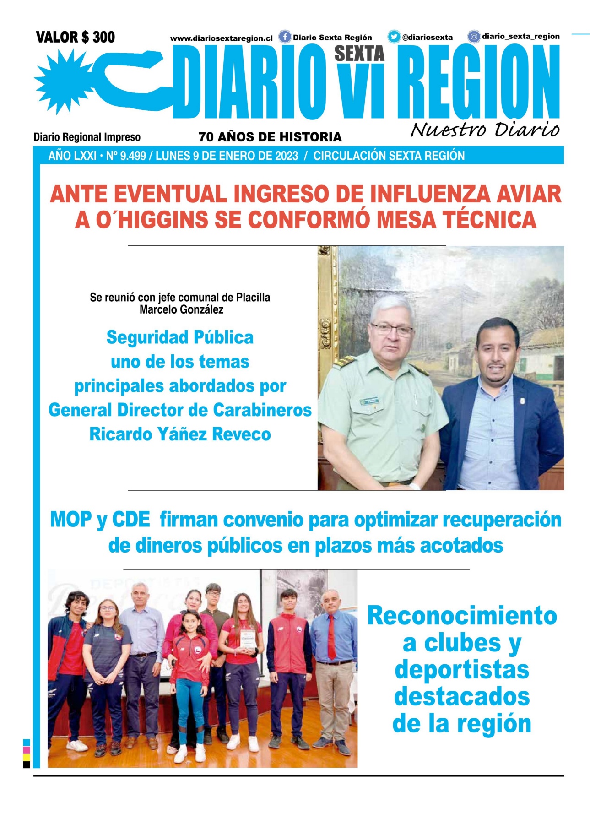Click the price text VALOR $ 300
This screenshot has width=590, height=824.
point(76,37)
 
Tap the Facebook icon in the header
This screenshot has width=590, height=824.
point(285,37)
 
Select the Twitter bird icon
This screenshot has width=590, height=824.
point(394,37)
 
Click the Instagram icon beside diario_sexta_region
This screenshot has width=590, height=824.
point(474,36)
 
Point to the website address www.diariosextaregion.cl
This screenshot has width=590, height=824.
point(221,38)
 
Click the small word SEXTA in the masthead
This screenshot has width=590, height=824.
point(359,54)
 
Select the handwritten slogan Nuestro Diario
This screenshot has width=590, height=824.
point(485,130)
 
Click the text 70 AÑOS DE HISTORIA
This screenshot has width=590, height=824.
point(270,137)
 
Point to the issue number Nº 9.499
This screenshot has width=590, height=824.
point(126,156)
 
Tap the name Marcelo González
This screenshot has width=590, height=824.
point(181,310)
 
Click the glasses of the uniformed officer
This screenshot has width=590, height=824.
point(392,329)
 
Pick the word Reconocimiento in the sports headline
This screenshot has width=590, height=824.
point(462,616)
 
